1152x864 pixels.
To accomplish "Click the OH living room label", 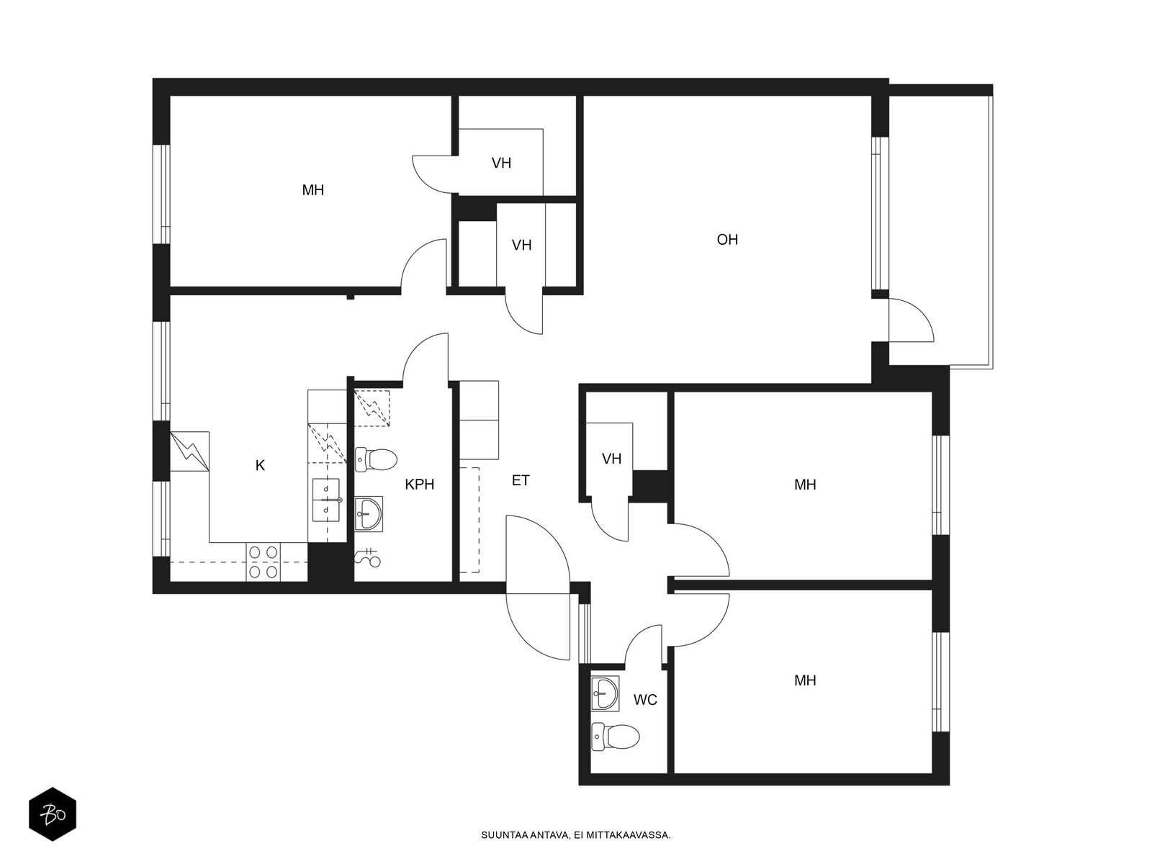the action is [727, 240].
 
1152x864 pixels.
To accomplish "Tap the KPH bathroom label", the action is [419, 484].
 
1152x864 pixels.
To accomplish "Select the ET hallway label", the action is [521, 480].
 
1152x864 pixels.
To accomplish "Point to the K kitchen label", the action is [260, 465].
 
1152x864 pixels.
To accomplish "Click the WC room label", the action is [645, 700].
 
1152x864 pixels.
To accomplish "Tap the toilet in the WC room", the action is [616, 737].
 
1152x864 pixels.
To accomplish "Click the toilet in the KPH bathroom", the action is [376, 459].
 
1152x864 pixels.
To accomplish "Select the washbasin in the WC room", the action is [605, 693].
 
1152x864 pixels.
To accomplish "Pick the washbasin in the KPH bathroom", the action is [369, 513].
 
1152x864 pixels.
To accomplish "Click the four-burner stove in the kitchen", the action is [263, 562].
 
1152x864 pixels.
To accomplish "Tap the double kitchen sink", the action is [326, 500].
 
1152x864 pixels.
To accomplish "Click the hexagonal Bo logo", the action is [53, 814].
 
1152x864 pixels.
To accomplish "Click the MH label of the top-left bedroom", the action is [312, 190].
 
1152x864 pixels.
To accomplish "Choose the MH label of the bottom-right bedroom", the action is [805, 680].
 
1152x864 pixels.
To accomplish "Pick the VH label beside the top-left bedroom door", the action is [501, 163].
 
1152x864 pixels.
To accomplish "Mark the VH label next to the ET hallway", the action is [611, 459].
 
